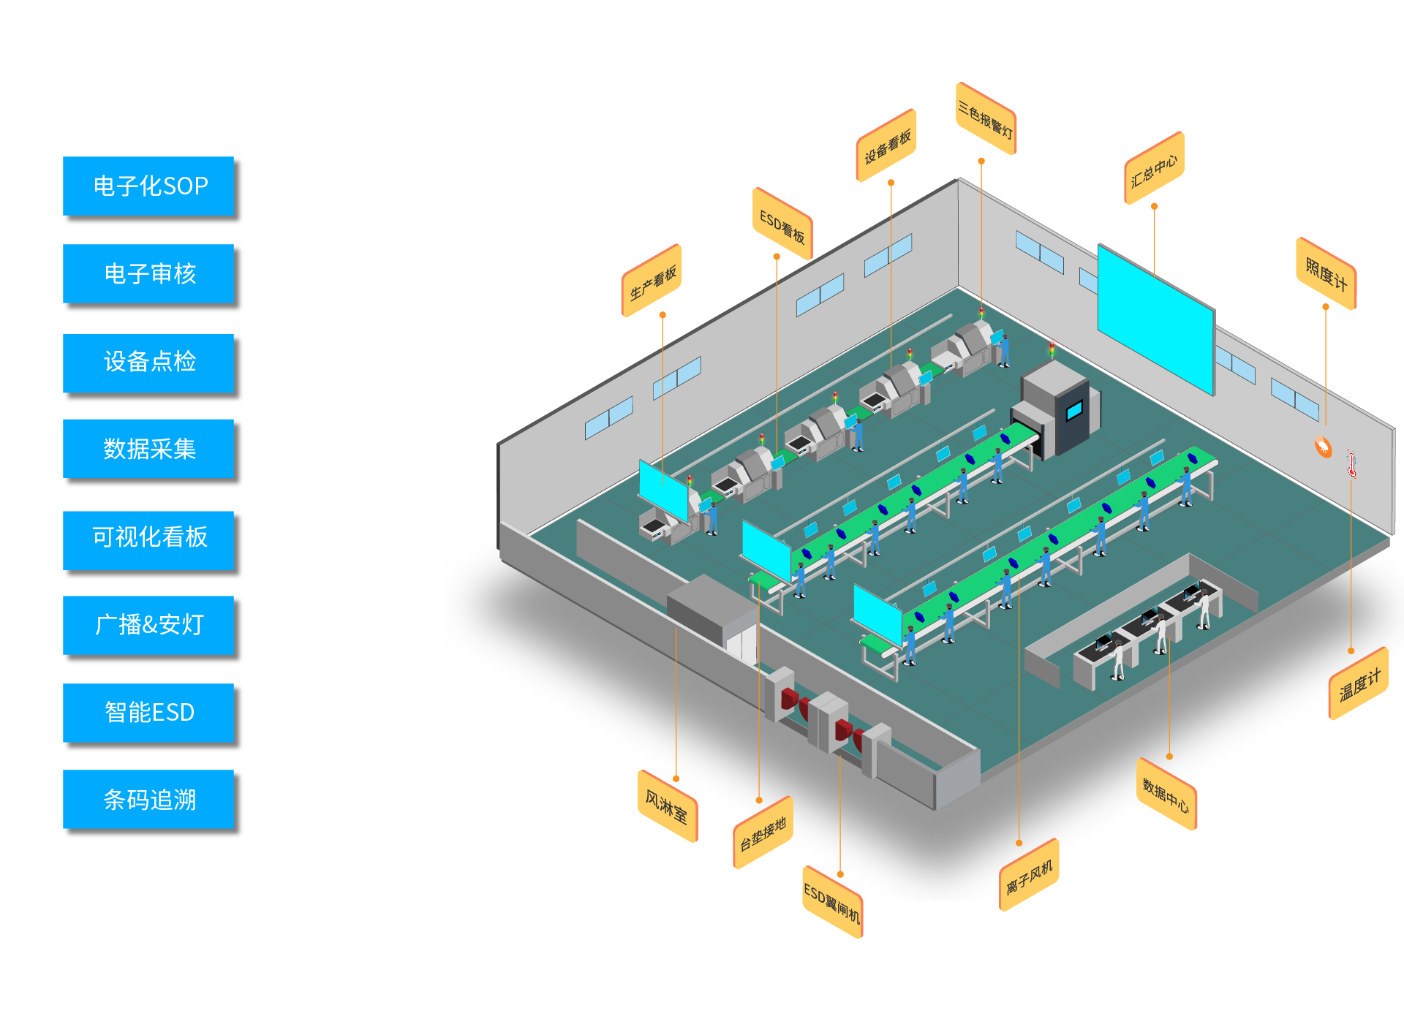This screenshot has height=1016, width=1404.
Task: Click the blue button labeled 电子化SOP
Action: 150,186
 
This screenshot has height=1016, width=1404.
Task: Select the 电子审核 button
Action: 150,274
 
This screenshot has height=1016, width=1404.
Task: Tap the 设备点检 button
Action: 150,362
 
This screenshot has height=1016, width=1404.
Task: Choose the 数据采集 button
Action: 150,449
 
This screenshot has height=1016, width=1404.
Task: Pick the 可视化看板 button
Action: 150,537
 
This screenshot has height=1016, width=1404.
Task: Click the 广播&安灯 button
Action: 150,625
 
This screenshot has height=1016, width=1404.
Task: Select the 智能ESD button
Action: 150,713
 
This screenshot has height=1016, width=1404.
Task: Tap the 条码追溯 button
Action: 150,800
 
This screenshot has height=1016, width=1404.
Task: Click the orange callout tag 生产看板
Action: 652,281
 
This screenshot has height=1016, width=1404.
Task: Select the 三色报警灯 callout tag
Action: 986,119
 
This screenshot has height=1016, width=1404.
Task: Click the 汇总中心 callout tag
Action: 1154,169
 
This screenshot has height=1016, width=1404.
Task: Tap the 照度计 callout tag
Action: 1326,273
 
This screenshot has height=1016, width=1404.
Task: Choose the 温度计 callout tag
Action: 1359,684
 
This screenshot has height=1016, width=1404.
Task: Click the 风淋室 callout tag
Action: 667,806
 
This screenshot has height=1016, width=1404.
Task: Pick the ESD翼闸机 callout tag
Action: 833,902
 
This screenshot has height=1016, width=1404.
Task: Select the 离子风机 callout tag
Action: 1029,875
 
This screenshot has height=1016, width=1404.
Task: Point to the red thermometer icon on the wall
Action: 1352,464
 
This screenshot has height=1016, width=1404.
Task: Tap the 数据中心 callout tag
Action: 1166,795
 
